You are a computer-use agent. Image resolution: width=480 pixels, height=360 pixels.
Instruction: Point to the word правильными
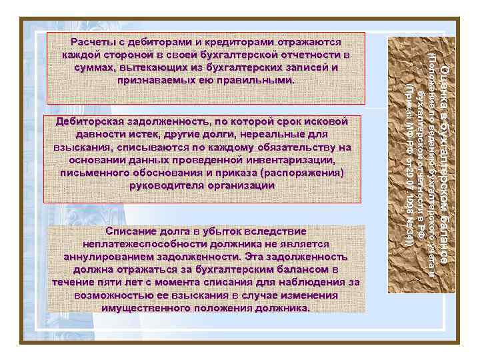coord(254,81)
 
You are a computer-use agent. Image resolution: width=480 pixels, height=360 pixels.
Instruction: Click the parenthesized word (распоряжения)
coord(303,173)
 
